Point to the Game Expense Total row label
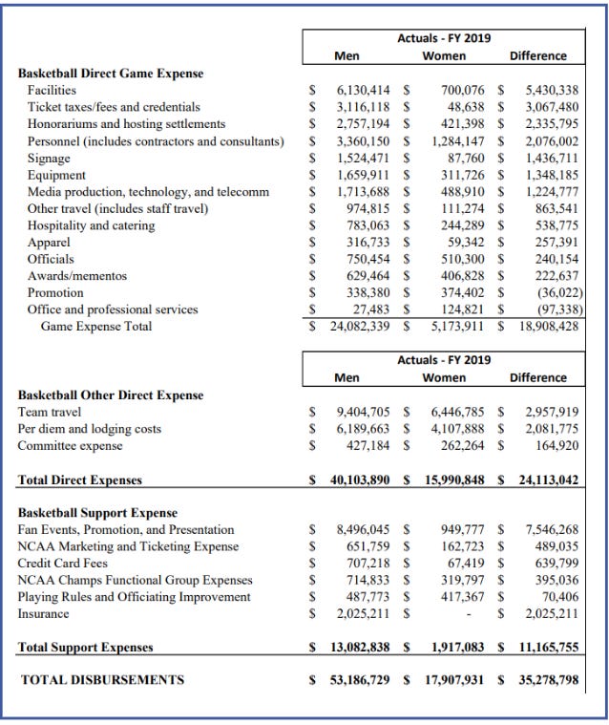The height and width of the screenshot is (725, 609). click(95, 327)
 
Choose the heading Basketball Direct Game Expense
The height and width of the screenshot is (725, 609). click(111, 73)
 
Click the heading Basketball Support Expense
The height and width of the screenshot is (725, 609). click(98, 512)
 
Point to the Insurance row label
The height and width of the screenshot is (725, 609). click(48, 614)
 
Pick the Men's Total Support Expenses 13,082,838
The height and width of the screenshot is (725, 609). click(359, 648)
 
